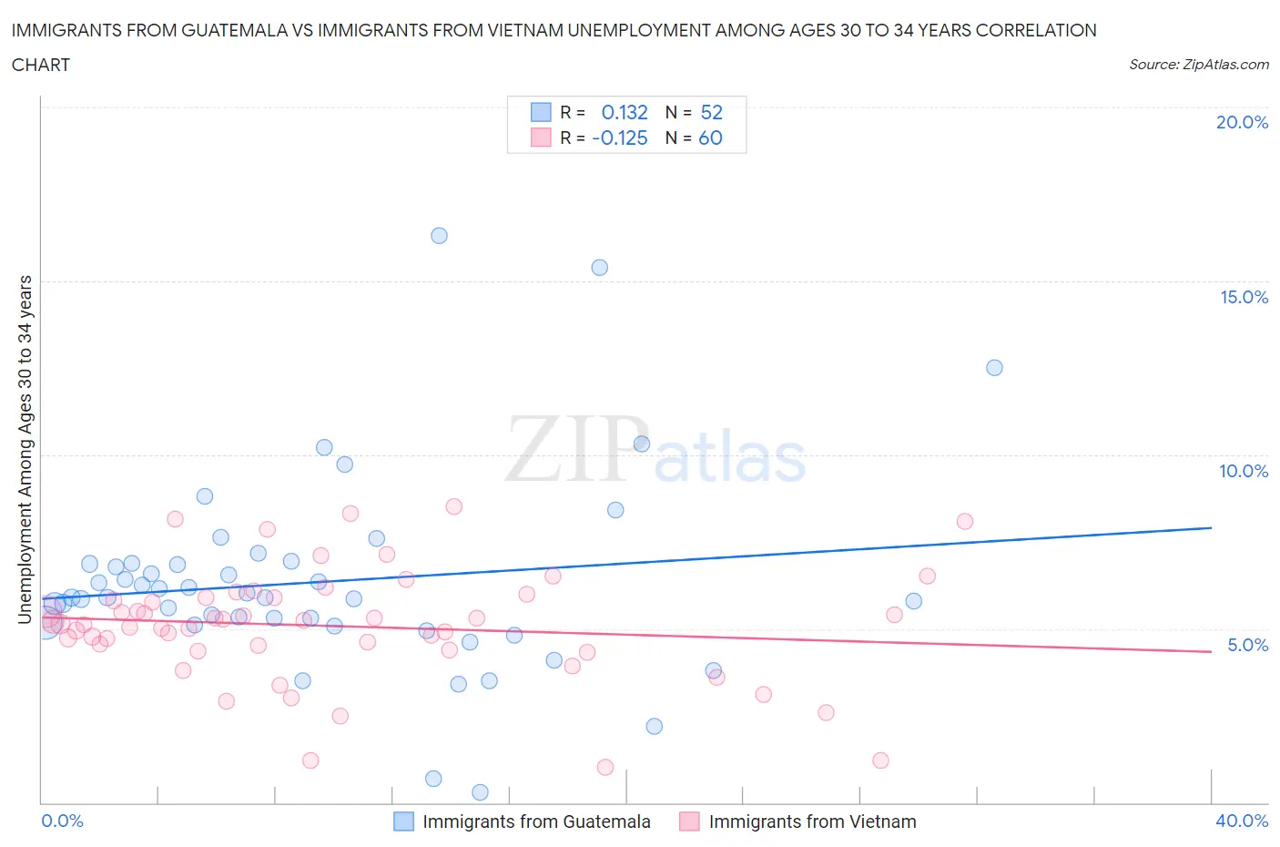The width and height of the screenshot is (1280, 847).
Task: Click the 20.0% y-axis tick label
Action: pyautogui.click(x=1242, y=122)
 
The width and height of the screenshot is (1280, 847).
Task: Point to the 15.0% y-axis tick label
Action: pyautogui.click(x=1244, y=297)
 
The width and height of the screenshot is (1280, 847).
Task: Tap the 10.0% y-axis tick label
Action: pyautogui.click(x=1244, y=471)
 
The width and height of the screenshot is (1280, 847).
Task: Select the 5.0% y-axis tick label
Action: pyautogui.click(x=1247, y=645)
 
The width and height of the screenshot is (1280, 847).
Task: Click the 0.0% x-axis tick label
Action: pyautogui.click(x=62, y=821)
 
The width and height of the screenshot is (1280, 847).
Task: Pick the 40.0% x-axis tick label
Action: pyautogui.click(x=1242, y=821)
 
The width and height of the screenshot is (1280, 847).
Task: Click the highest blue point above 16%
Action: pyautogui.click(x=439, y=236)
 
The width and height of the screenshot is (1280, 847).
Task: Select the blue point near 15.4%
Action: pyautogui.click(x=599, y=268)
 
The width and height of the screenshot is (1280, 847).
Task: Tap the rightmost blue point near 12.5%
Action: pyautogui.click(x=994, y=368)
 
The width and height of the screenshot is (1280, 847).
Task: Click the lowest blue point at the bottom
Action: pyautogui.click(x=481, y=792)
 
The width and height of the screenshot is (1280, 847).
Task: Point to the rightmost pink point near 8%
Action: pyautogui.click(x=965, y=522)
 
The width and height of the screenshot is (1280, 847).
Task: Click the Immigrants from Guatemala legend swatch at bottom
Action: pyautogui.click(x=403, y=821)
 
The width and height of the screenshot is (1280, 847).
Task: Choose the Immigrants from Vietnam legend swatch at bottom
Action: pyautogui.click(x=689, y=821)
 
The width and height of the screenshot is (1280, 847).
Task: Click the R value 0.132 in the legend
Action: pyautogui.click(x=625, y=112)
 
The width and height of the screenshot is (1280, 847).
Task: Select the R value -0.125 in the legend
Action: pyautogui.click(x=620, y=138)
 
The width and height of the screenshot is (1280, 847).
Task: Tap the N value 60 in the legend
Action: pyautogui.click(x=710, y=138)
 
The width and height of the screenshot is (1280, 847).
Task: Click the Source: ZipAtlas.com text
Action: pyautogui.click(x=1198, y=65)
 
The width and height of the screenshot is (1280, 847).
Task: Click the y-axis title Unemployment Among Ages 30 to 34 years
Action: pyautogui.click(x=25, y=450)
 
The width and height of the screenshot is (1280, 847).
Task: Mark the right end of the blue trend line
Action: pyautogui.click(x=1211, y=527)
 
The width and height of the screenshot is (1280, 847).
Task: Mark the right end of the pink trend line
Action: pyautogui.click(x=1211, y=651)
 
